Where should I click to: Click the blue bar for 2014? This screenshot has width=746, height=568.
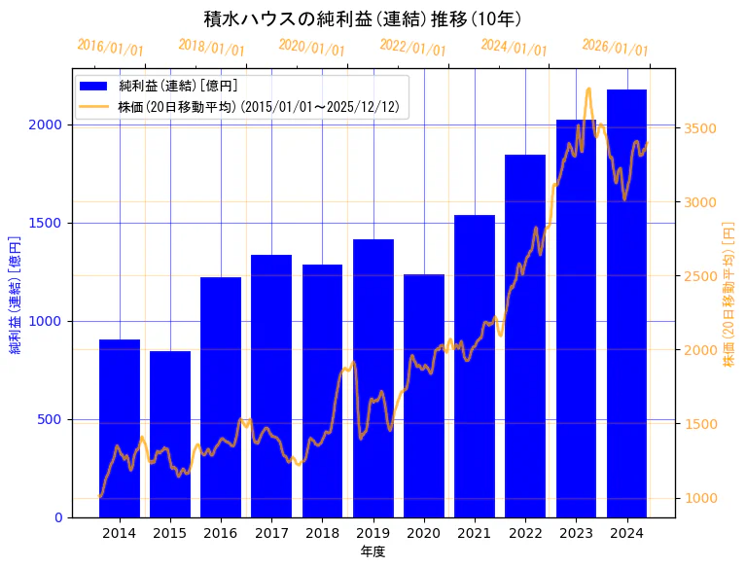point(120,428)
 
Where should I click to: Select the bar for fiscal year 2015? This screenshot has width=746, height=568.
point(170,434)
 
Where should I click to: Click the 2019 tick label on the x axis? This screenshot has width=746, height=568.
point(373,533)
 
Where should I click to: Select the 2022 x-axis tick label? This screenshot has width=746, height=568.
point(525,533)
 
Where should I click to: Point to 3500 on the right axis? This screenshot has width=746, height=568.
point(702,128)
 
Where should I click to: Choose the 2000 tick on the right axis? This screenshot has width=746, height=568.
point(702,350)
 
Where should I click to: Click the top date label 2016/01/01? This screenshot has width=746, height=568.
point(110,48)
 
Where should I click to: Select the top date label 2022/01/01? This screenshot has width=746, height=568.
point(413,48)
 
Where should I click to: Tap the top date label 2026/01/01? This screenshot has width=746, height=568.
point(616,48)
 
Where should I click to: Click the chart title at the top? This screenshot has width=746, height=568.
point(363,18)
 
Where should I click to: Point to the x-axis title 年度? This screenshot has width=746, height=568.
point(373,551)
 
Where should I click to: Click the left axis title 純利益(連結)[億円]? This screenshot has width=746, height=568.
point(16,294)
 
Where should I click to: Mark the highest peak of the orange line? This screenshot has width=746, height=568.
point(588,89)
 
